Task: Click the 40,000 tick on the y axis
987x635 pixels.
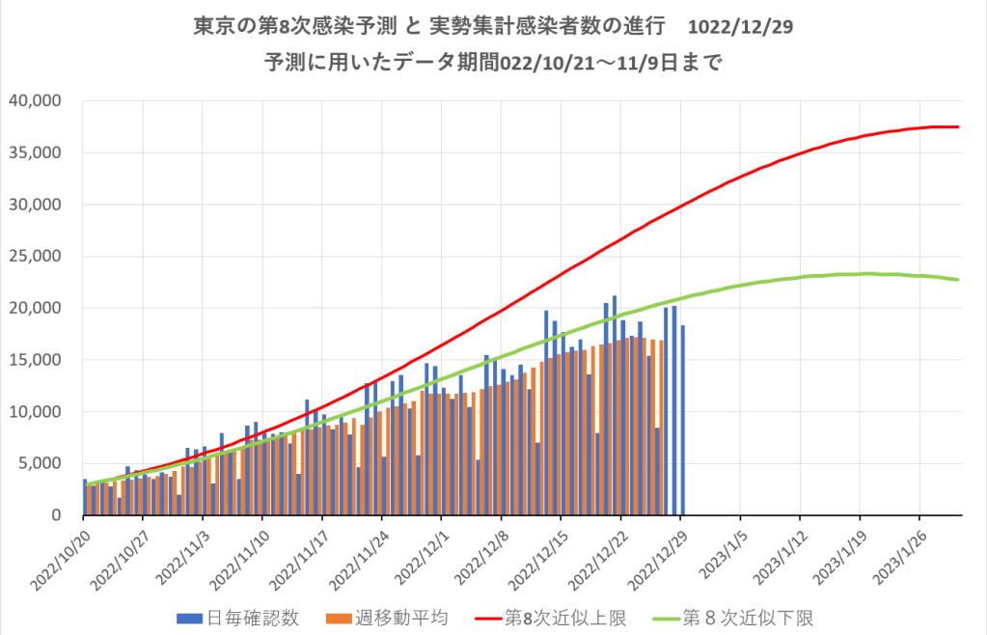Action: [x=36, y=100]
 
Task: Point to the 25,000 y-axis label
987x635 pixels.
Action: [x=36, y=256]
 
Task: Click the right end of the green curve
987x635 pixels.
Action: [x=958, y=280]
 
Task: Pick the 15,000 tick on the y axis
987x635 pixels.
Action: [x=36, y=360]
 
